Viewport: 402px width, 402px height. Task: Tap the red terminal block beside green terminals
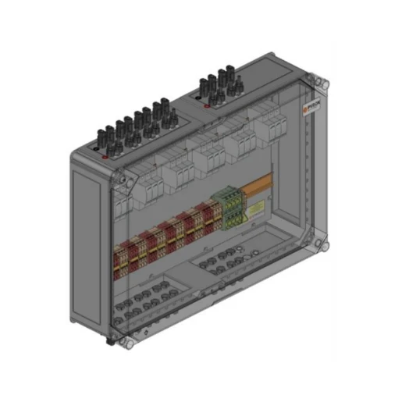[209, 219]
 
